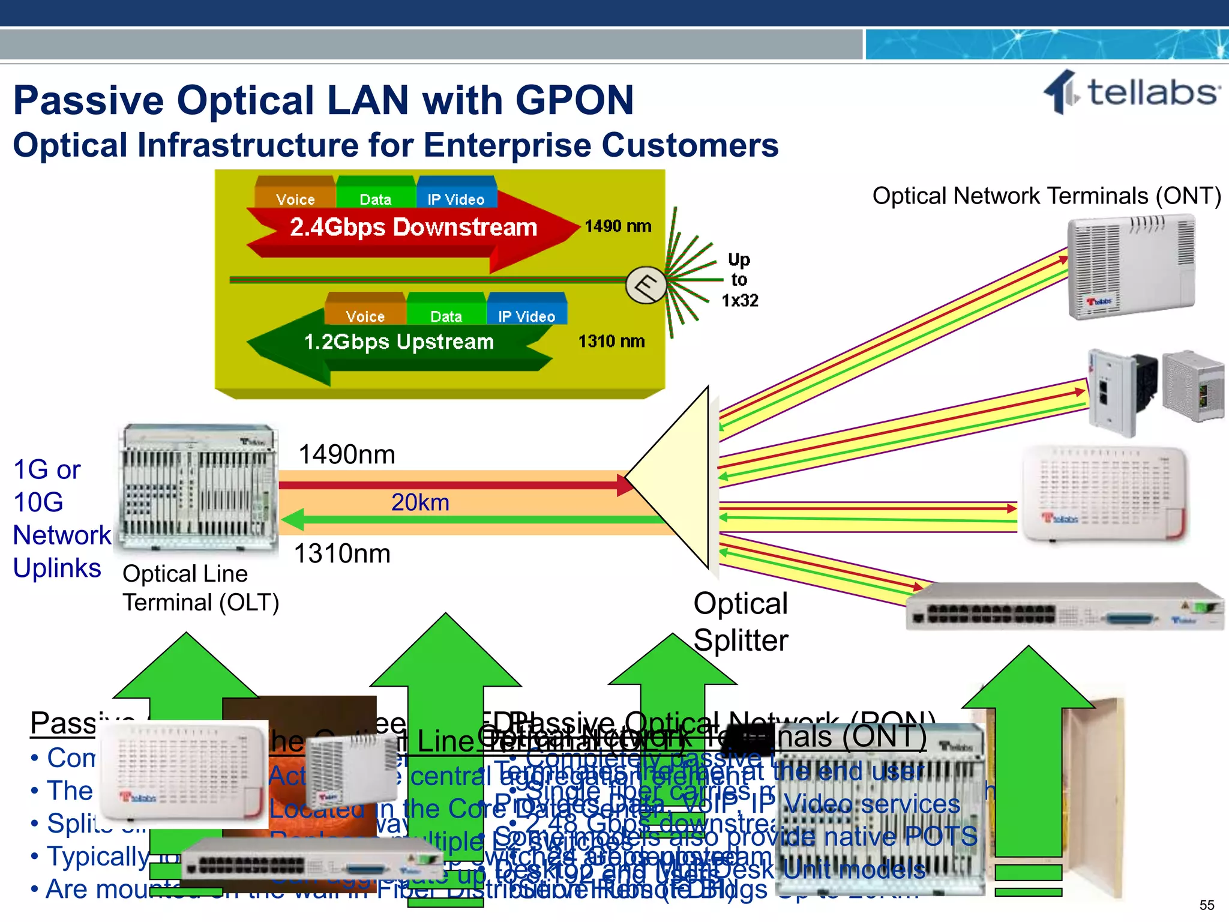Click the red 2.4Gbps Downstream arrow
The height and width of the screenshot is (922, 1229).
pos(413,228)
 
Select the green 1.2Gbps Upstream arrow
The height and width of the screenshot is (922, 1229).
pos(398,342)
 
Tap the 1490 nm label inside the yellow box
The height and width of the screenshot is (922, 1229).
pos(618,226)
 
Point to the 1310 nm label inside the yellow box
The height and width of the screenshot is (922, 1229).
pos(611,341)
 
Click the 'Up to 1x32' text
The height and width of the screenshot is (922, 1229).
pos(739,280)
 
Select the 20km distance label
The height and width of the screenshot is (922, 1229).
pos(420,502)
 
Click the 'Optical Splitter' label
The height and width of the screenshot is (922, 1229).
pos(741,622)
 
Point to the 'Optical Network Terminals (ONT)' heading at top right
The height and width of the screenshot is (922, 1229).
pos(1046,196)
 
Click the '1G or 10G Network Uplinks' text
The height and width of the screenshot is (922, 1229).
pos(60,519)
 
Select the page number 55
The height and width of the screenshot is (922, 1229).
pos(1207,905)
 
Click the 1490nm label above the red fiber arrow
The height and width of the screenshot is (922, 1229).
pos(347,454)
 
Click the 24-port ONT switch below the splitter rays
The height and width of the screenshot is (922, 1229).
pos(1063,607)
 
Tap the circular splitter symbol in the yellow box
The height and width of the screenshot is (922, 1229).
pos(646,285)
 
